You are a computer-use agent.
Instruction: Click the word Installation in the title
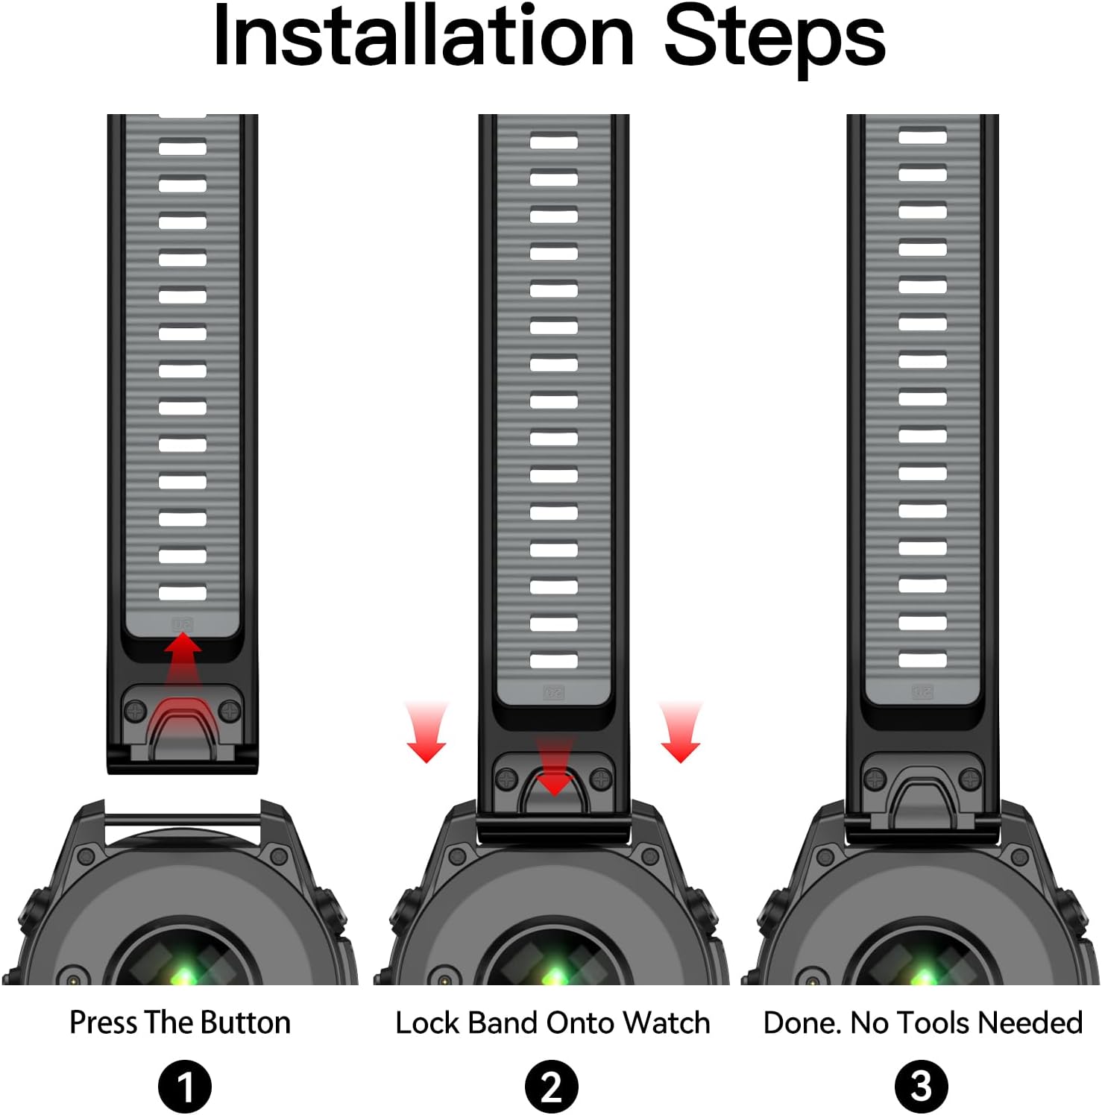coord(424,35)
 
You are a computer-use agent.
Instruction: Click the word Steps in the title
coord(775,39)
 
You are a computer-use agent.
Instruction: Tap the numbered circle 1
coord(184,1087)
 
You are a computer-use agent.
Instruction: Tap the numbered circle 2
coord(551,1087)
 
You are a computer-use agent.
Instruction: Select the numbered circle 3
coord(921,1087)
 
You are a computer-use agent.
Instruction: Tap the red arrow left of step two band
coord(426,732)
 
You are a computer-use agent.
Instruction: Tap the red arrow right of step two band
coord(680,732)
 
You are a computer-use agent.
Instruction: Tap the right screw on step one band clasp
coord(230,712)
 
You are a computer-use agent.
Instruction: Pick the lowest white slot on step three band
coord(922,660)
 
